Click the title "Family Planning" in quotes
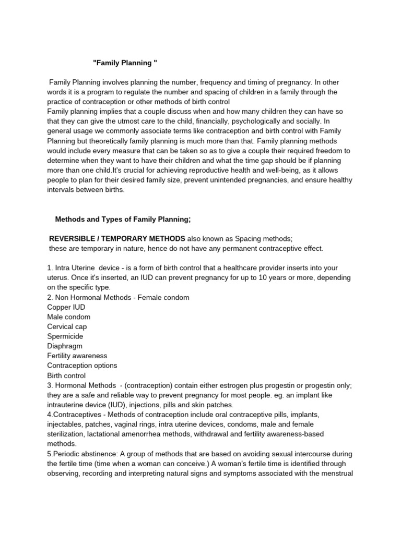[125, 63]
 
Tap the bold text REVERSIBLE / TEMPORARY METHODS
[117, 238]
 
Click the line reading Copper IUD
[66, 307]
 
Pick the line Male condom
[68, 317]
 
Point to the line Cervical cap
[67, 326]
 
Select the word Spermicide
[65, 336]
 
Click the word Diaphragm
[65, 346]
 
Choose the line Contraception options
[82, 365]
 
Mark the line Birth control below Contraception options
[66, 375]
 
